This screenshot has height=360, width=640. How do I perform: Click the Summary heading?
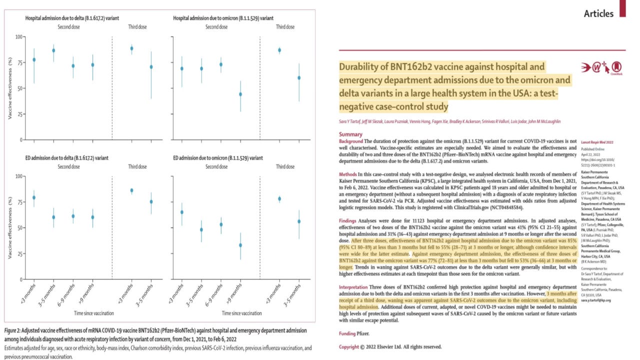(350, 134)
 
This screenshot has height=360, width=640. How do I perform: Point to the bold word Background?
(351, 142)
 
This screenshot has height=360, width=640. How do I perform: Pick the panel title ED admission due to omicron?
(217, 158)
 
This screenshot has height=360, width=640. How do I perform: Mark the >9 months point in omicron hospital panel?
(240, 94)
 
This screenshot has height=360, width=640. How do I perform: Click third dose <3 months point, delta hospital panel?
(131, 48)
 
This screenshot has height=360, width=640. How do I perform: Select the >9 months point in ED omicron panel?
(240, 245)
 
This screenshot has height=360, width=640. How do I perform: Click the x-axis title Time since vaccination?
(93, 313)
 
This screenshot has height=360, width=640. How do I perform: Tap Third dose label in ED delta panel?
(140, 166)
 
